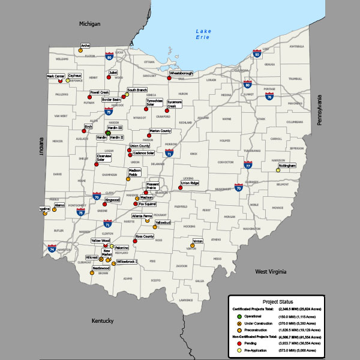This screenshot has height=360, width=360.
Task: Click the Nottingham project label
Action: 287,165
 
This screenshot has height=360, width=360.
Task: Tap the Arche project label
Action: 85,46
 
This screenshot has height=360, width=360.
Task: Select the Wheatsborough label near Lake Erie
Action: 181,73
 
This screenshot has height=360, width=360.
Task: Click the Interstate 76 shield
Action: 269,96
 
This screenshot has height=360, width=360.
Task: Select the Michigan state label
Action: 90,23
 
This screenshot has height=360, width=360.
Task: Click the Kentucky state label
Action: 103,321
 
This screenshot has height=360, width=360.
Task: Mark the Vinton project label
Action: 198,241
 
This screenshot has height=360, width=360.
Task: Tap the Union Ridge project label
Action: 190,183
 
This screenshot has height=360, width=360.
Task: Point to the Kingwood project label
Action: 112,200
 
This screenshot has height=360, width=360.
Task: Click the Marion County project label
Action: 160,131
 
